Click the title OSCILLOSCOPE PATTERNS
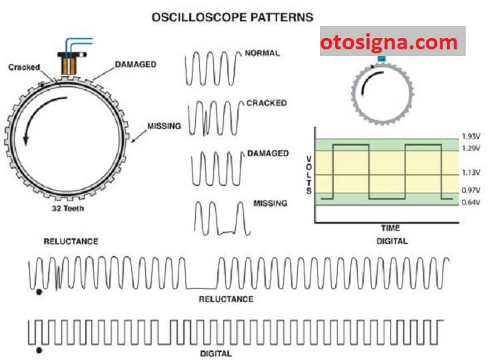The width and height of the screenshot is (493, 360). pos(233,17)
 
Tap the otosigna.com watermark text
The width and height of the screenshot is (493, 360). pos(389,42)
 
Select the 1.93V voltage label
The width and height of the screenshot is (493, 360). pos(470,137)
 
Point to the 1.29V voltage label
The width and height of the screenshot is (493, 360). pos(470,148)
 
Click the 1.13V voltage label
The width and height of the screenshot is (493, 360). pos(470,173)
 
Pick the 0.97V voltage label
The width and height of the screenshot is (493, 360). pos(470,191)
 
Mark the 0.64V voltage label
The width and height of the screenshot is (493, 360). pos(470,203)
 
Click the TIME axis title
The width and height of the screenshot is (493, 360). pos(390,228)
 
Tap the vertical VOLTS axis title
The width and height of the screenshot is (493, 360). pos(308,175)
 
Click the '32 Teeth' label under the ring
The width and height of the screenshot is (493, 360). pos(68,208)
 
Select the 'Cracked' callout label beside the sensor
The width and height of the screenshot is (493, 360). pos(24,67)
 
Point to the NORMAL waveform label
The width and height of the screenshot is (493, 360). pos(262,53)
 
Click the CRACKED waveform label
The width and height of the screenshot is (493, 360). pos(266,103)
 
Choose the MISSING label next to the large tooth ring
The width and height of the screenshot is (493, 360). pos(164,126)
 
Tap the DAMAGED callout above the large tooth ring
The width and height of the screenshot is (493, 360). pos(135,65)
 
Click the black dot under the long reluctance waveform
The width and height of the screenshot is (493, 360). pos(39,292)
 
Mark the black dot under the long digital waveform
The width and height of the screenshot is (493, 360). pos(39,350)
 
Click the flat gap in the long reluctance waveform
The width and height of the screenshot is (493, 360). pos(201,288)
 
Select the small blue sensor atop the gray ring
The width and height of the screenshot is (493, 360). pos(381,59)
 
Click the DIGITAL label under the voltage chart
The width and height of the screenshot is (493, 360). pos(392,241)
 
